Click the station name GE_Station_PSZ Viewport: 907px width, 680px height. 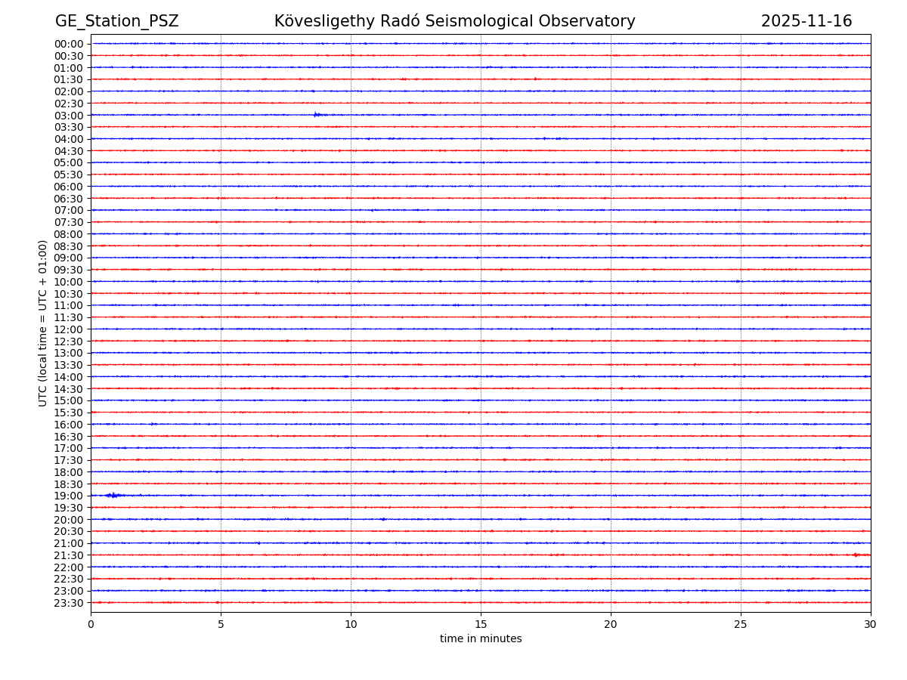click(116, 21)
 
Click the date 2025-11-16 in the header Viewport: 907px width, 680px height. click(806, 21)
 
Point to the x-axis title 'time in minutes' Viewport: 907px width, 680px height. click(481, 639)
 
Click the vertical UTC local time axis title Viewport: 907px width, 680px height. click(43, 323)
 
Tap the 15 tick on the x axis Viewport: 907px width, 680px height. click(481, 624)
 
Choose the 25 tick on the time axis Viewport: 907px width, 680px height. click(741, 624)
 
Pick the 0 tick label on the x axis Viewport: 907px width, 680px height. click(91, 624)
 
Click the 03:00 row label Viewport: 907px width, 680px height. click(69, 115)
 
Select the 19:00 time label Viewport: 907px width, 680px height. click(69, 496)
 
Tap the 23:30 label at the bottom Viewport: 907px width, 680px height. click(69, 603)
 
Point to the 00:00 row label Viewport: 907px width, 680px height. click(69, 44)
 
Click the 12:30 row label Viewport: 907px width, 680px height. click(69, 341)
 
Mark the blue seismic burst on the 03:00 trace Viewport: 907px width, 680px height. click(317, 115)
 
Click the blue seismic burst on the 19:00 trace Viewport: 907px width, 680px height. click(113, 496)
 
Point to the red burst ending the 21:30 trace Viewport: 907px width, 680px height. click(857, 555)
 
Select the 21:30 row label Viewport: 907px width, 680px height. click(69, 555)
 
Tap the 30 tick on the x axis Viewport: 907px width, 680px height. click(871, 624)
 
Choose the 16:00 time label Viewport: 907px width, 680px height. click(69, 425)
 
